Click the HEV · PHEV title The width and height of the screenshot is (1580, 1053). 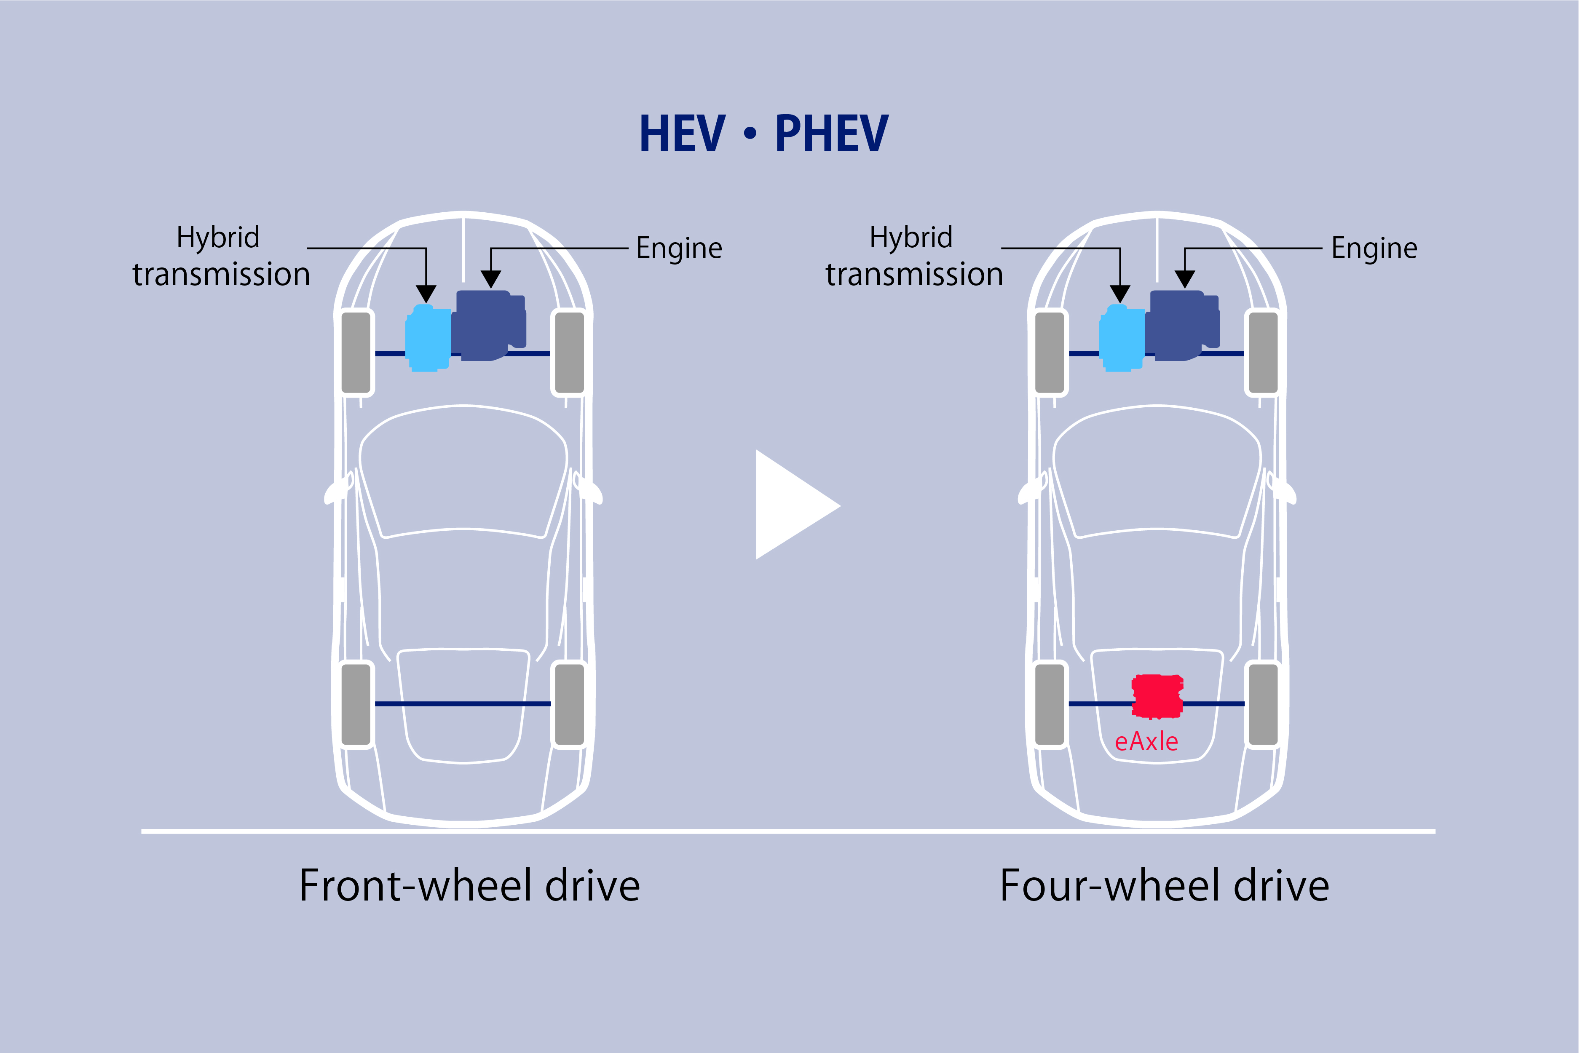(x=764, y=133)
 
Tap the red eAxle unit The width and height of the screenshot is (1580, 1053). (x=1157, y=696)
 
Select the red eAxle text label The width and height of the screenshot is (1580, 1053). (x=1146, y=741)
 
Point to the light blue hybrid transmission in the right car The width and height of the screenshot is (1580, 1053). (x=1121, y=339)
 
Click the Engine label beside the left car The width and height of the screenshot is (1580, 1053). (x=678, y=249)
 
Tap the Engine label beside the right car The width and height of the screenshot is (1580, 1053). (x=1374, y=249)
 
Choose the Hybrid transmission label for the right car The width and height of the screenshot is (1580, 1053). (x=913, y=256)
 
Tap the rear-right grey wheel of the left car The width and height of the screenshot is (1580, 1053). (x=570, y=704)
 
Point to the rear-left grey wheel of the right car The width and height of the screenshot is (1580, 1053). (x=1049, y=704)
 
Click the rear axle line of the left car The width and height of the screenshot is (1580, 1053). (x=463, y=704)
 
